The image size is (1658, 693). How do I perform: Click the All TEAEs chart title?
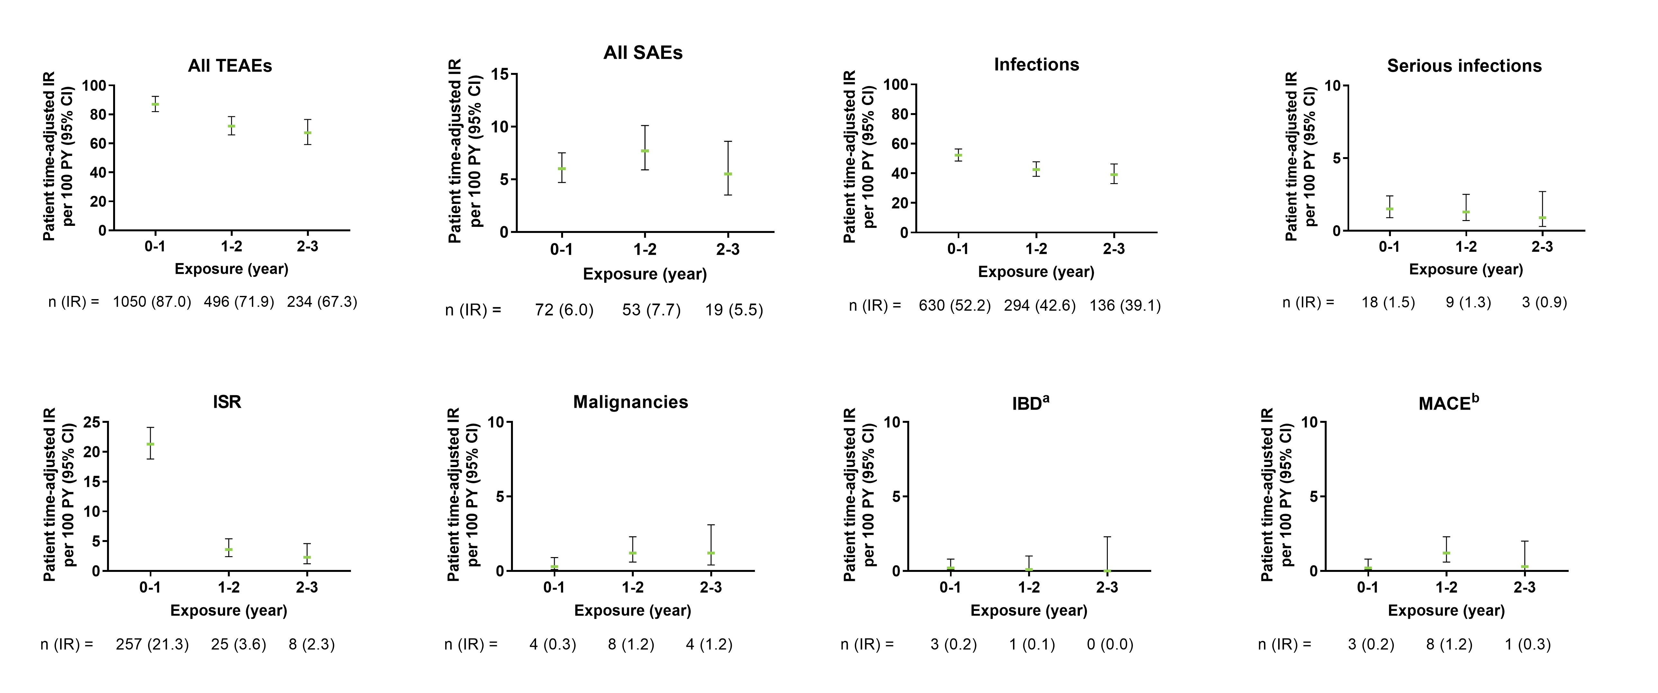230,66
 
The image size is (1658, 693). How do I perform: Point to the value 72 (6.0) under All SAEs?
564,310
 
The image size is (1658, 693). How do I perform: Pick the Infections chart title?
1036,64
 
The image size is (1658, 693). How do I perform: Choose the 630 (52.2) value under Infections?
954,306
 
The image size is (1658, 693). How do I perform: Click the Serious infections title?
1464,66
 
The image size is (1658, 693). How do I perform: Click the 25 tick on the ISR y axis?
91,422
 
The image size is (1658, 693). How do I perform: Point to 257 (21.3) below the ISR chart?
153,644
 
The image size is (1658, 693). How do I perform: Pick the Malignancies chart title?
631,402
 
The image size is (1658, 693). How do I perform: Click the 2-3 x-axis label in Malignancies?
711,588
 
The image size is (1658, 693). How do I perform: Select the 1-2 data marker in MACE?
1446,553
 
